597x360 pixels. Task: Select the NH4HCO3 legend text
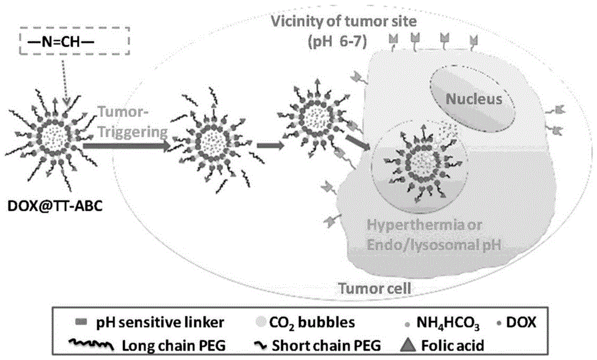[441, 323]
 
